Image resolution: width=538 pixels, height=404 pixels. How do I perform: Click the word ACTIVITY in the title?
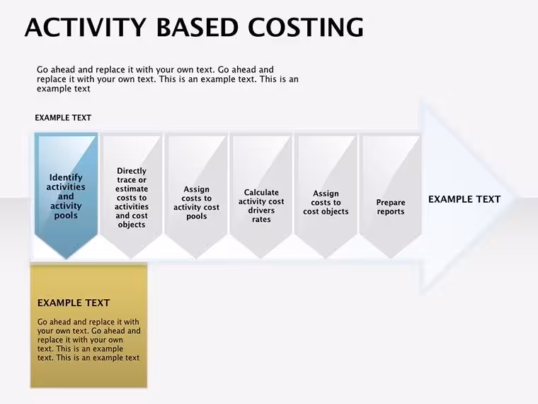86,27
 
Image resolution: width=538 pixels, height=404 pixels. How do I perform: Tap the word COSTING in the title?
305,27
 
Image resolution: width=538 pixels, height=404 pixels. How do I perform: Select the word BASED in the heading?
198,27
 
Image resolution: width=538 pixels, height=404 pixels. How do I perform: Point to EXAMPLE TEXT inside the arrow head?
464,199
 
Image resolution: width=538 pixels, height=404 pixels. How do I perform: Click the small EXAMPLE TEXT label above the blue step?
63,118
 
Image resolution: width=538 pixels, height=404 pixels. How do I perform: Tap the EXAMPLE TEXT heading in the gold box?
74,303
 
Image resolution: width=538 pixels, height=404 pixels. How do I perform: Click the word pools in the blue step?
66,215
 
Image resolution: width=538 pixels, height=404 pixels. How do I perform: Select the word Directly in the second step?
132,171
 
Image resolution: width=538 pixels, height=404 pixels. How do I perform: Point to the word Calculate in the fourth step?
261,192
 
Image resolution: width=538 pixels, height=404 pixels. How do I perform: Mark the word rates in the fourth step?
261,219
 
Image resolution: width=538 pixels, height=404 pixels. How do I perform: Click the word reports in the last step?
391,212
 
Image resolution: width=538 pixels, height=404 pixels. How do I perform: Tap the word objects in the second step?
132,225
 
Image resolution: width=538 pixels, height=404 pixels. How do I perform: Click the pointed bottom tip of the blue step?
67,259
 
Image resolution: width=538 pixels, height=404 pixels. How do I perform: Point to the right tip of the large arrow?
517,198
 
